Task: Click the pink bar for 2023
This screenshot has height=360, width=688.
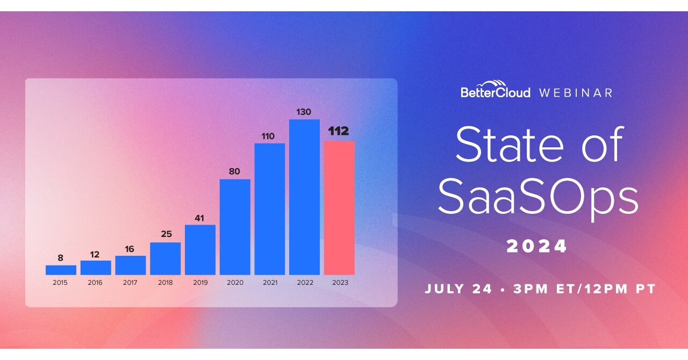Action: [x=339, y=208]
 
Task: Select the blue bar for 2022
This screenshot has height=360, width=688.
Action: [x=304, y=197]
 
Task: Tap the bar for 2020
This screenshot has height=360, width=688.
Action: [x=235, y=227]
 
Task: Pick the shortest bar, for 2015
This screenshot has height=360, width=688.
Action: [x=61, y=270]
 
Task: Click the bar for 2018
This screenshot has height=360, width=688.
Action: [x=165, y=258]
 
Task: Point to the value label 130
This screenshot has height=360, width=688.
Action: [x=304, y=112]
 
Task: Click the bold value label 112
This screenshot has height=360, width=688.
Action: [x=339, y=131]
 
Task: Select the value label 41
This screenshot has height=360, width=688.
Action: [x=199, y=218]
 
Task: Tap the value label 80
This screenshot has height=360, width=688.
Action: [x=234, y=171]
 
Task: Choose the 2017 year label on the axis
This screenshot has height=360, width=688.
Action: [x=130, y=283]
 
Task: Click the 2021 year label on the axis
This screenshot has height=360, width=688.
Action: [x=270, y=283]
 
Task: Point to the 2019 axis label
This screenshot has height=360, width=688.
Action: [x=200, y=283]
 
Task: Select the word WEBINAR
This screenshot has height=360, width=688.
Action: [x=576, y=93]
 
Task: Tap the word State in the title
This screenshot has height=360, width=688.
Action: [x=510, y=144]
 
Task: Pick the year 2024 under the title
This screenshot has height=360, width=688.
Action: [x=536, y=246]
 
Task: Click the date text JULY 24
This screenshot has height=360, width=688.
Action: [x=458, y=289]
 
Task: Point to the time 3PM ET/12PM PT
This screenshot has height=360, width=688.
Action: [x=584, y=289]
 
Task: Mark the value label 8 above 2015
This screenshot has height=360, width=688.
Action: [x=61, y=258]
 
